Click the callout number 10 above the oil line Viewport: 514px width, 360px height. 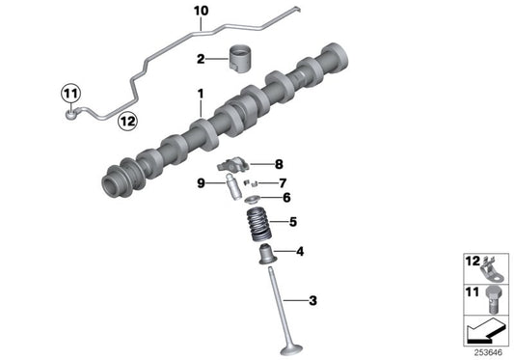click(x=201, y=11)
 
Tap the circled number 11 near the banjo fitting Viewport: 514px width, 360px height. click(x=70, y=94)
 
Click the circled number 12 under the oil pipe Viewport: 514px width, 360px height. click(x=127, y=122)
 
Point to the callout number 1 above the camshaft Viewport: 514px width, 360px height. click(x=201, y=94)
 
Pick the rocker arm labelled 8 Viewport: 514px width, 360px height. click(x=233, y=164)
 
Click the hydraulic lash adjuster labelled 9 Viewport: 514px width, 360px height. click(x=231, y=189)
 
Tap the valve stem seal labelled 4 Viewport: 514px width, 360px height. click(x=267, y=255)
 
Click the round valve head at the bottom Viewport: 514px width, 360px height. click(x=291, y=349)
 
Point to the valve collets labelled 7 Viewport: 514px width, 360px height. click(x=251, y=182)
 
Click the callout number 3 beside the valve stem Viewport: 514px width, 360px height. click(x=313, y=300)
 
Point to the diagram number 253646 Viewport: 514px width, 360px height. click(x=488, y=353)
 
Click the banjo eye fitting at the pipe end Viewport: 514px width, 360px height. click(x=70, y=114)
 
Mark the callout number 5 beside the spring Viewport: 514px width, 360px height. click(x=293, y=222)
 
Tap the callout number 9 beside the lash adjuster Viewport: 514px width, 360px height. click(x=201, y=183)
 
